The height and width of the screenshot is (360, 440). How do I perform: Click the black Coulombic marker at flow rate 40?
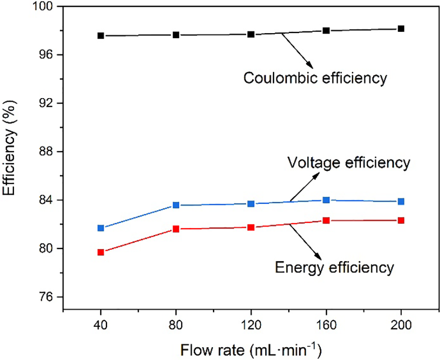tap(101, 35)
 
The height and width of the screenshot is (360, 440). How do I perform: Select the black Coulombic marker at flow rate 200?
tap(401, 29)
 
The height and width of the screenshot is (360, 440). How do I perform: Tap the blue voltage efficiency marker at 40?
tap(101, 228)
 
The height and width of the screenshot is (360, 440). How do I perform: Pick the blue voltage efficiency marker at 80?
tap(176, 205)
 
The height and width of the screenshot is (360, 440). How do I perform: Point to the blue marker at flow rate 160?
tap(326, 200)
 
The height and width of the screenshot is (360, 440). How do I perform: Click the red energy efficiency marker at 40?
tap(101, 252)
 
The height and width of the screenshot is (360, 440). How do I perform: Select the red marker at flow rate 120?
tap(251, 227)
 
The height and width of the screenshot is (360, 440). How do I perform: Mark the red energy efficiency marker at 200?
tap(401, 220)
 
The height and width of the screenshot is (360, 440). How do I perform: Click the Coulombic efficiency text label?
tap(315, 78)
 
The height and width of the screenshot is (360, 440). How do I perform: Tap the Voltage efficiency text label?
tap(348, 162)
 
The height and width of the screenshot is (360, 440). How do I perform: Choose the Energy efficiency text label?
tap(334, 267)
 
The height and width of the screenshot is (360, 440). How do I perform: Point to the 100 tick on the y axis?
tap(47, 7)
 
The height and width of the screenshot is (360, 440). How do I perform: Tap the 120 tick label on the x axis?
tap(251, 325)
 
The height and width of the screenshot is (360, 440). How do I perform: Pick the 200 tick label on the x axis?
tap(401, 325)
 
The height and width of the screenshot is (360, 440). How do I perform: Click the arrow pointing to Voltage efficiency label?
tap(303, 187)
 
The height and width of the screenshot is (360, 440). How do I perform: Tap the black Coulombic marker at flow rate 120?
tap(251, 34)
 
